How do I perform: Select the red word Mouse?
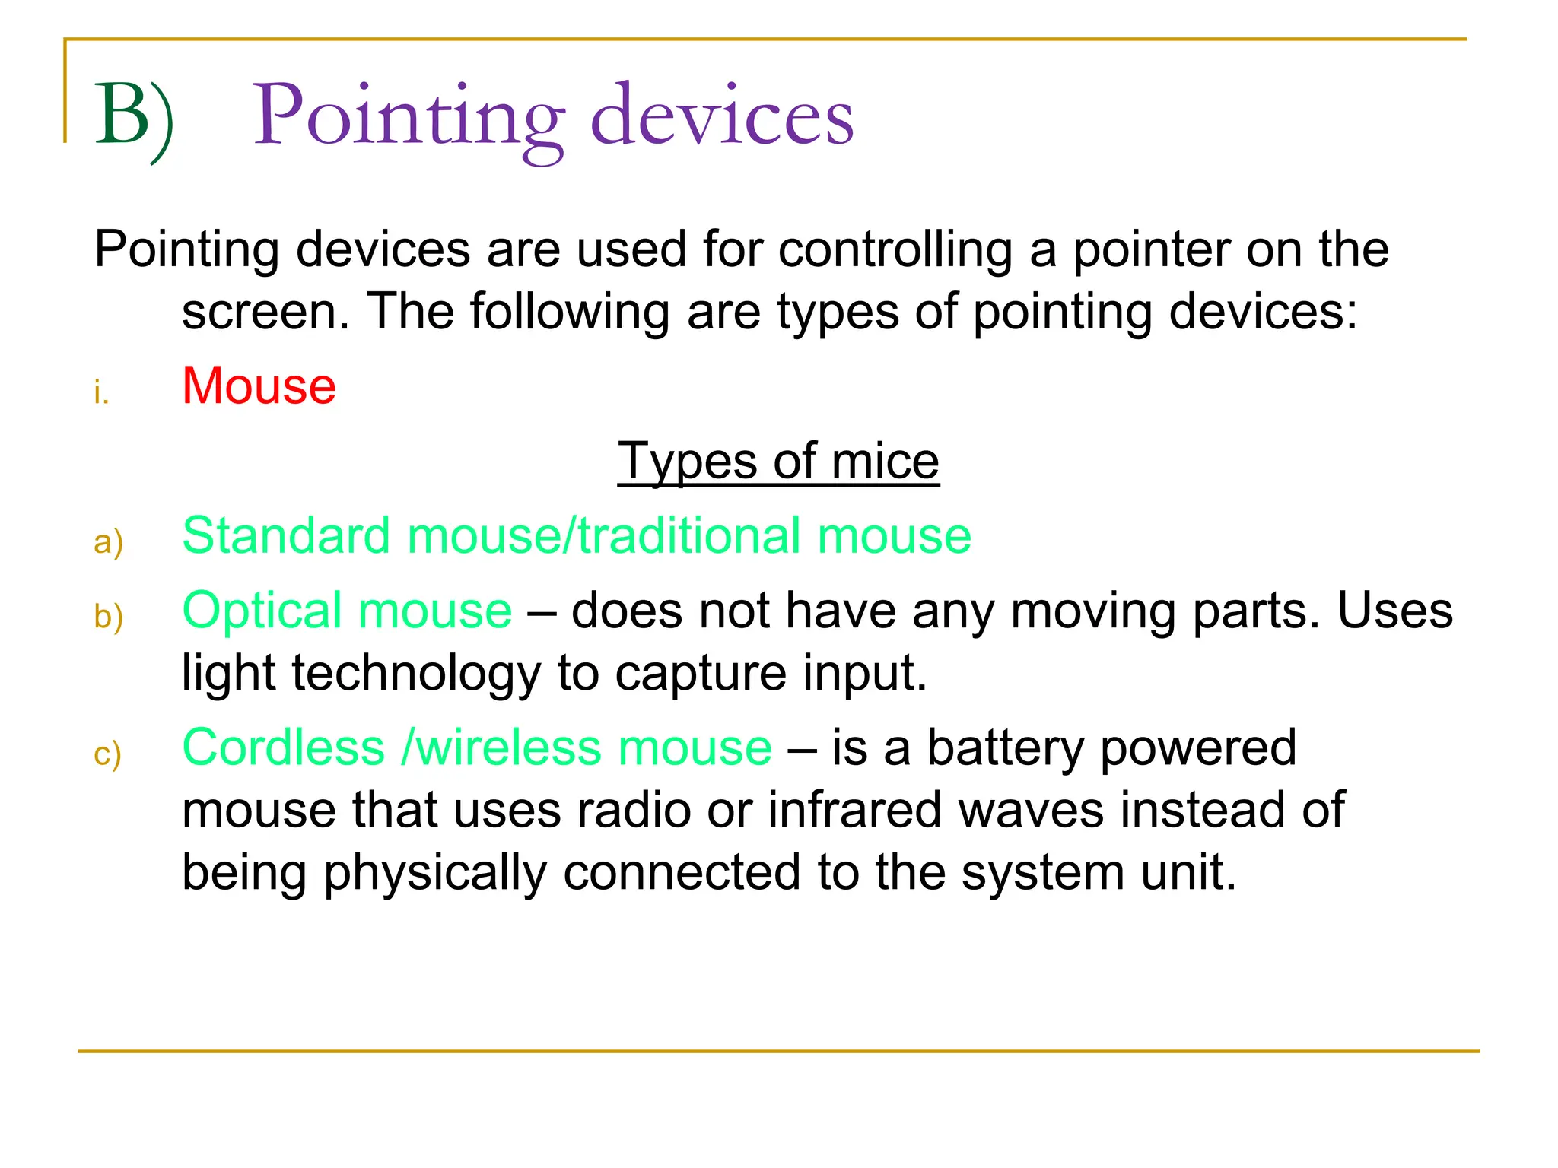259,386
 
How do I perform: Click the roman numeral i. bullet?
101,393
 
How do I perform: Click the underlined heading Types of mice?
778,461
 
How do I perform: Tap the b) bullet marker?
108,617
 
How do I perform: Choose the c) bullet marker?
107,754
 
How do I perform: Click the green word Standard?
286,535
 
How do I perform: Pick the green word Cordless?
283,747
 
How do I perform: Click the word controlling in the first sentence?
895,249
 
